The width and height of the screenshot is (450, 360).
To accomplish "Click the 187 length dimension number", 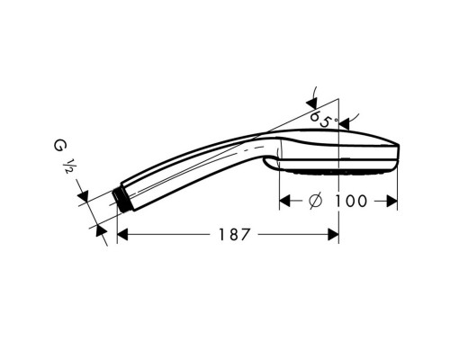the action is pos(234,235).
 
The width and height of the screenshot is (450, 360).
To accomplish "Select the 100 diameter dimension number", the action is pos(350,201).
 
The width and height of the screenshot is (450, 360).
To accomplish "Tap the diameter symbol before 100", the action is pos(315,201).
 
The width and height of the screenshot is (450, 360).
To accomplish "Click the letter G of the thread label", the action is pos(60,146).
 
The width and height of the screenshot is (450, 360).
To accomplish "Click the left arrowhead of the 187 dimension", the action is pos(122,235).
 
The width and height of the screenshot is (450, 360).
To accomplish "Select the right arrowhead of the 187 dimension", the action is pos(333,235).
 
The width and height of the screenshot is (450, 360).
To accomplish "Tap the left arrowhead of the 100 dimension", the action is pos(284,201).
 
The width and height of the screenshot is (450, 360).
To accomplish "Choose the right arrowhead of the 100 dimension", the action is pos(392,201).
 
